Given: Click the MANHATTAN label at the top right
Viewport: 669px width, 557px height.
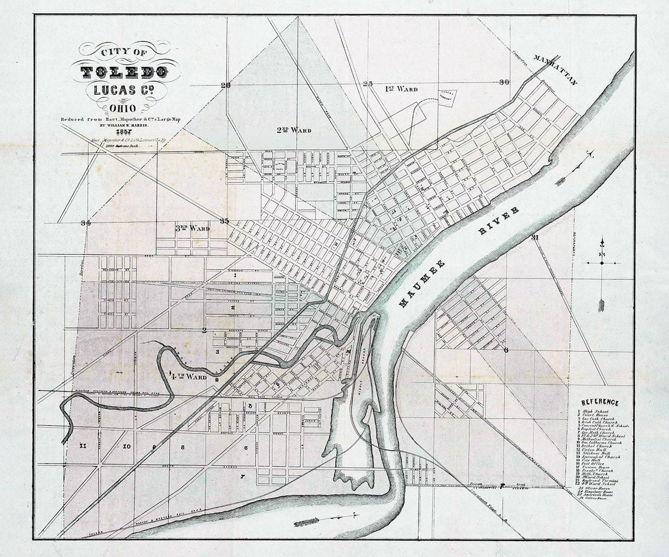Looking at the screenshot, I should (x=554, y=70).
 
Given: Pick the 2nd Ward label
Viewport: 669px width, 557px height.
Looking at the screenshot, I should (x=294, y=130).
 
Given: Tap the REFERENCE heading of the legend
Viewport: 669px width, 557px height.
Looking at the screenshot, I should (x=600, y=402).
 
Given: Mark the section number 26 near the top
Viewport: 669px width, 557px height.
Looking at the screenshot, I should (x=224, y=85).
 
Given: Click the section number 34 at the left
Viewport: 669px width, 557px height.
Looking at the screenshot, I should (x=84, y=223).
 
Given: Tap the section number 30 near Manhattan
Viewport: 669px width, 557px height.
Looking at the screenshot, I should (x=504, y=82).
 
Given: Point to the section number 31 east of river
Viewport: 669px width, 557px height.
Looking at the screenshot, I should (x=534, y=238).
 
